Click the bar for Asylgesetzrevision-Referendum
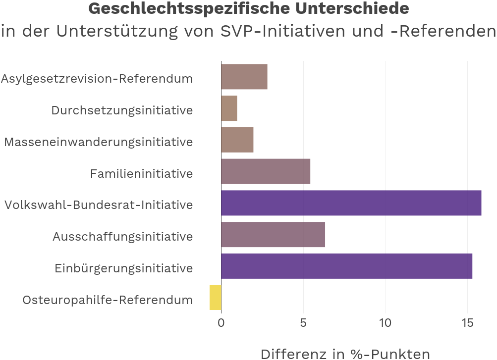(x=244, y=77)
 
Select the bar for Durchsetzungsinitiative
(x=229, y=108)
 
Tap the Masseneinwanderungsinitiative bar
(x=237, y=140)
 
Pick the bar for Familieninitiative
(x=266, y=171)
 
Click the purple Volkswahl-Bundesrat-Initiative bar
(x=351, y=203)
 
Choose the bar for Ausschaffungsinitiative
(x=273, y=235)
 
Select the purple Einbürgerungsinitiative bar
(x=346, y=266)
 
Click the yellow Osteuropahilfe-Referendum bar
(x=216, y=298)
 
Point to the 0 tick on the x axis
(x=221, y=323)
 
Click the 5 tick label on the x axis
(x=303, y=323)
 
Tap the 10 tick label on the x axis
(x=386, y=323)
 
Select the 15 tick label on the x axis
(x=467, y=323)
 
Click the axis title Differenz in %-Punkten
(x=345, y=353)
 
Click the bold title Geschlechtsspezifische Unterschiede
(x=249, y=8)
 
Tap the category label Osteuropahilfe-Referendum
(x=108, y=300)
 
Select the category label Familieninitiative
(x=141, y=173)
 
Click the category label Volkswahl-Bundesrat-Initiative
(x=99, y=205)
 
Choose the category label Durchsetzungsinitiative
(x=122, y=110)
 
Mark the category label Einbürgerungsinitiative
(x=123, y=268)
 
